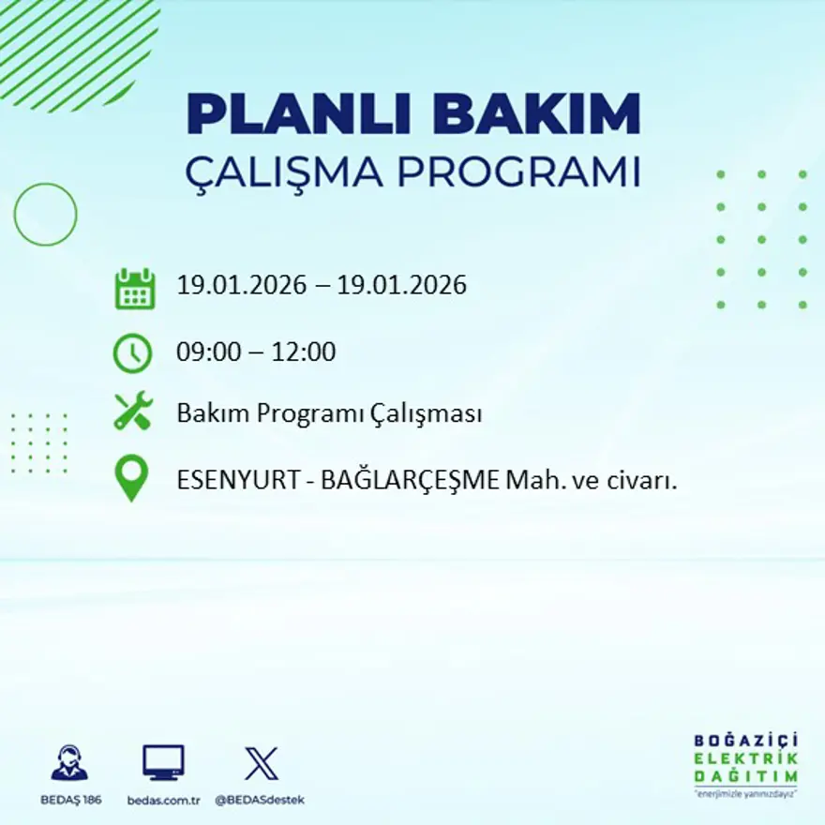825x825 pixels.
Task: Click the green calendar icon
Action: [x=134, y=289]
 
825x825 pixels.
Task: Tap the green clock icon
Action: [x=132, y=353]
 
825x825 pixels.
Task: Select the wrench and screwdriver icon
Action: [x=132, y=412]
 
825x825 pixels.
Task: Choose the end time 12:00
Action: [x=304, y=353]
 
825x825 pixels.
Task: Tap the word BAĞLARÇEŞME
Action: [x=410, y=481]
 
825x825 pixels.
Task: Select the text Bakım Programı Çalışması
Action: [x=329, y=413]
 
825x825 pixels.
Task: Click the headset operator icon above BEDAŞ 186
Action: [x=69, y=763]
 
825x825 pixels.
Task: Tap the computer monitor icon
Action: [x=163, y=762]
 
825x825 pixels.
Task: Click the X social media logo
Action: [x=261, y=763]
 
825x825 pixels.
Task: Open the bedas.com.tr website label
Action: [x=164, y=800]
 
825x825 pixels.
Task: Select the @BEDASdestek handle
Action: [x=260, y=800]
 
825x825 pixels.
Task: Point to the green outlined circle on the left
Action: [x=45, y=215]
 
